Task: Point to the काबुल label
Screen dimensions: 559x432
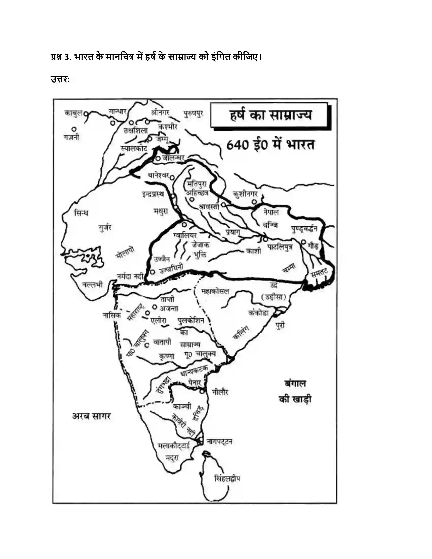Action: point(73,113)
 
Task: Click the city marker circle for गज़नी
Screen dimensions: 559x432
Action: point(74,129)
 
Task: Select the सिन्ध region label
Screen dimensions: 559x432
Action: point(81,213)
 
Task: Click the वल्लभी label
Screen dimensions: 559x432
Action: point(92,285)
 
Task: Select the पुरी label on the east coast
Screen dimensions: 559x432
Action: point(281,326)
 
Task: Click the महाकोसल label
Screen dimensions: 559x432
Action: point(215,291)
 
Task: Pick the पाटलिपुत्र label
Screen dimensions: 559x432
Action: point(280,247)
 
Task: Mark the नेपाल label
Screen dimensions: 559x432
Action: point(271,212)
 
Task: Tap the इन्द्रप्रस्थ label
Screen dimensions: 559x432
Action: point(153,194)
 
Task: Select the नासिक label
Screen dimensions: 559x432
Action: point(112,316)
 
